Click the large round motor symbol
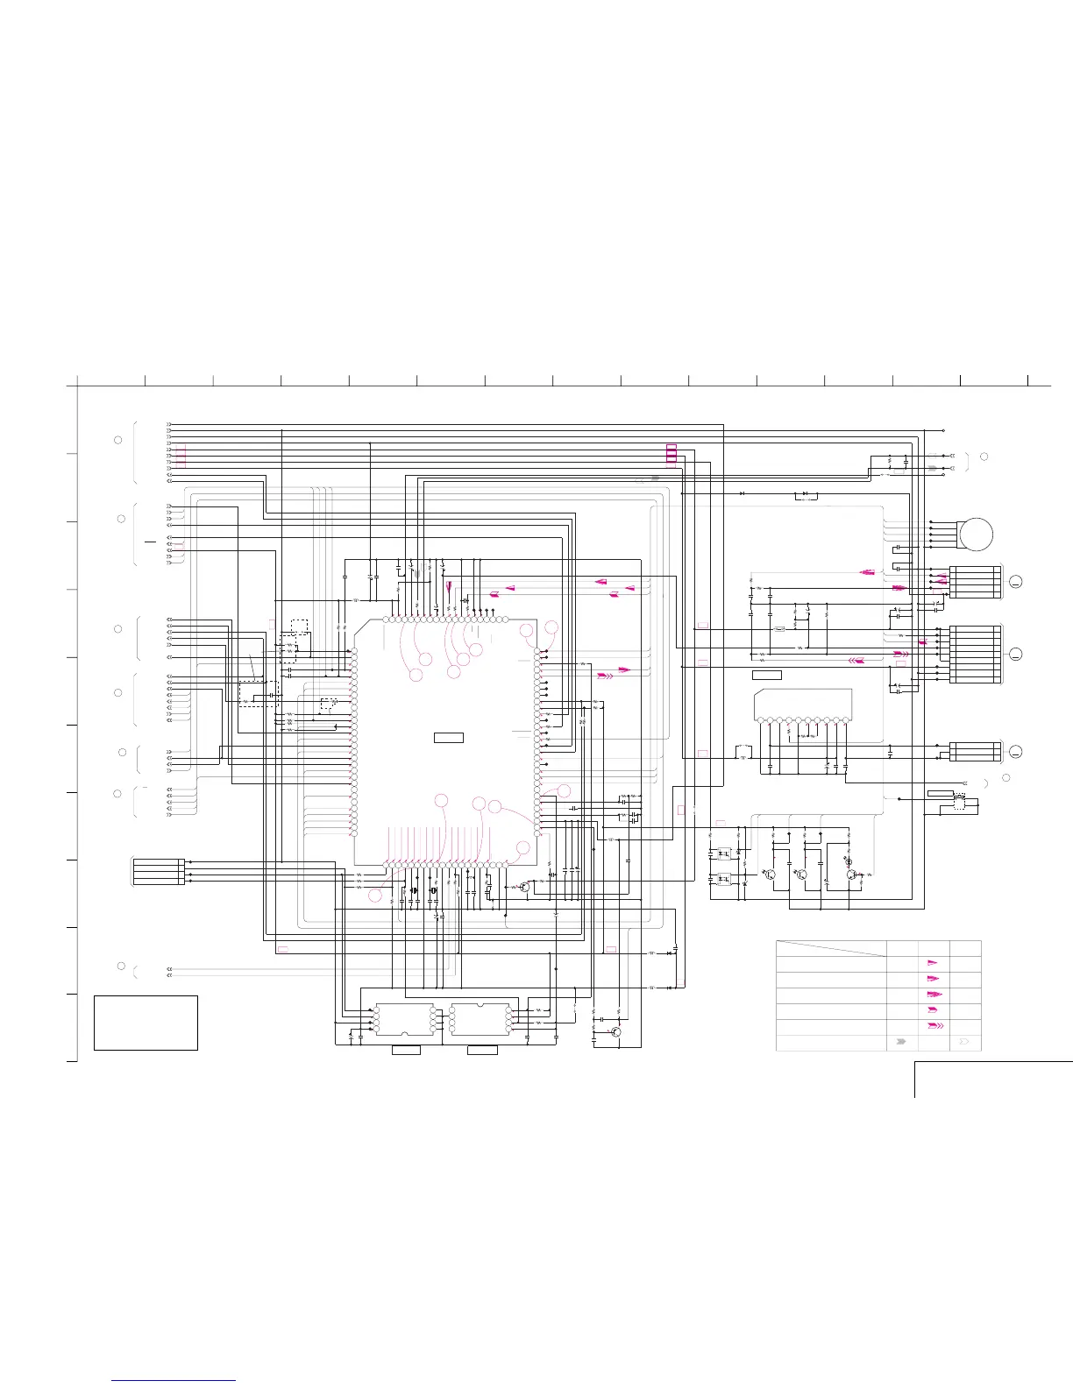pyautogui.click(x=976, y=534)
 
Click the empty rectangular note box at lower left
pyautogui.click(x=146, y=1023)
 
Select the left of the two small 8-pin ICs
pyautogui.click(x=405, y=1019)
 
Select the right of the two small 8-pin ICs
pyautogui.click(x=480, y=1019)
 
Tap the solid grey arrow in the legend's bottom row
pyautogui.click(x=901, y=1043)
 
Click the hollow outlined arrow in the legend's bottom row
pyautogui.click(x=965, y=1043)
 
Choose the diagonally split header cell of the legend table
pyautogui.click(x=831, y=948)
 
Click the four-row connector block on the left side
pyautogui.click(x=158, y=872)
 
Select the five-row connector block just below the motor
pyautogui.click(x=975, y=583)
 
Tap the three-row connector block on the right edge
pyautogui.click(x=975, y=751)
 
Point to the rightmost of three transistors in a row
pyautogui.click(x=850, y=874)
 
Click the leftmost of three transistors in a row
pyautogui.click(x=770, y=874)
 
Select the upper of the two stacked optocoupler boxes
pyautogui.click(x=724, y=853)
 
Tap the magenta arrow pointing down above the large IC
pyautogui.click(x=450, y=587)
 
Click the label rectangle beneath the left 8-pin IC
pyautogui.click(x=405, y=1050)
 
